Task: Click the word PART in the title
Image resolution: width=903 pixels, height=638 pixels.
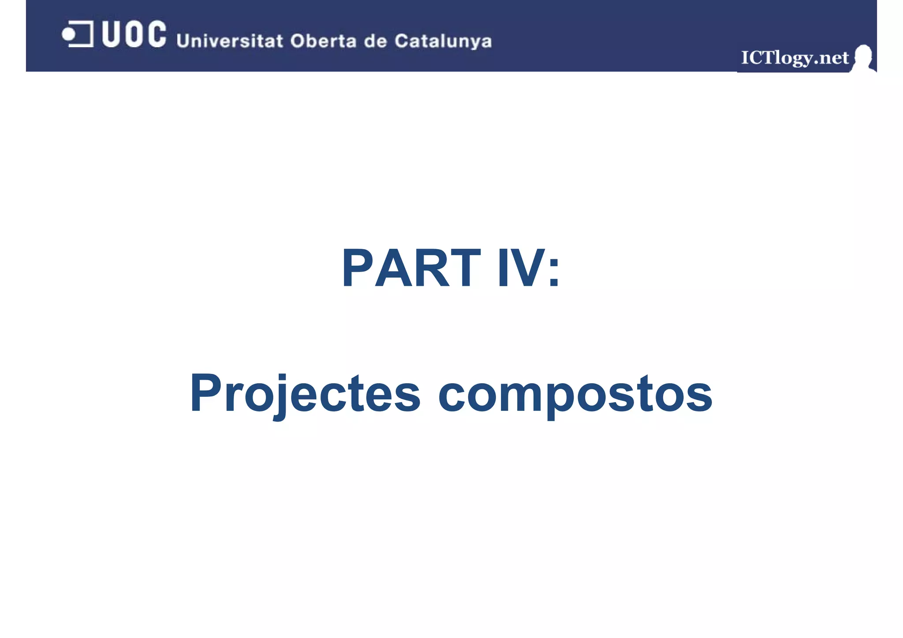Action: [x=410, y=268]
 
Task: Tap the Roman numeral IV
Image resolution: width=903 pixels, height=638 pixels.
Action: [x=519, y=268]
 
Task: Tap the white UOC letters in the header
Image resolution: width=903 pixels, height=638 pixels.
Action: [x=134, y=34]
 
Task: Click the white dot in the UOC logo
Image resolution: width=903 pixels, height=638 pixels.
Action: [x=68, y=34]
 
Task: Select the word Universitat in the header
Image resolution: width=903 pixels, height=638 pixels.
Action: [x=229, y=41]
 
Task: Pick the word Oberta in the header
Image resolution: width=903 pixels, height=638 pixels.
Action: [x=323, y=41]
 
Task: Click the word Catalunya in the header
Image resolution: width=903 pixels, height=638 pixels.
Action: [x=443, y=41]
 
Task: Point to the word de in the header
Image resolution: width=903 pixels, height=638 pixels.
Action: [x=375, y=41]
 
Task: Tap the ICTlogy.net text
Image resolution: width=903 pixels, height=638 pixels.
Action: [x=795, y=58]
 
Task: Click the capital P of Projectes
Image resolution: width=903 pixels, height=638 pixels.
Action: [x=205, y=392]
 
